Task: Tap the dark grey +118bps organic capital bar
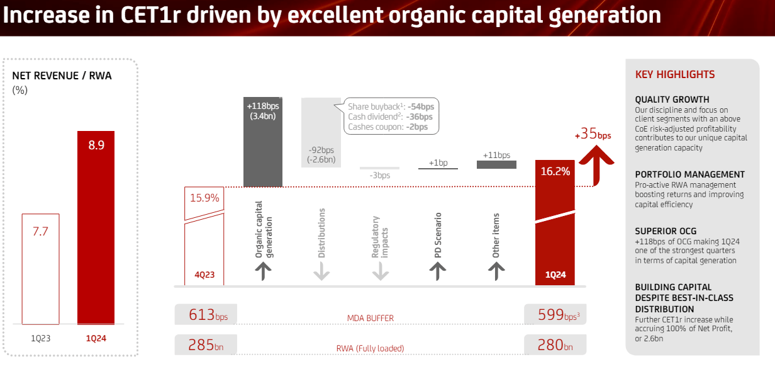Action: click(x=262, y=142)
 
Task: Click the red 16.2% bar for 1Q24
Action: click(x=554, y=224)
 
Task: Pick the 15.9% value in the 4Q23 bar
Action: click(x=204, y=198)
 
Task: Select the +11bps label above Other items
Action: click(x=496, y=155)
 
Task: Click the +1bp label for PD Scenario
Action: click(x=438, y=162)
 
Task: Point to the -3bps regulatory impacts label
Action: click(x=379, y=175)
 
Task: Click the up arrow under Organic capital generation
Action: click(x=264, y=271)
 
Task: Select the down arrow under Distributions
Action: click(x=321, y=271)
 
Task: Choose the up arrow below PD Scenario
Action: click(x=438, y=271)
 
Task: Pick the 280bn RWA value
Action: click(x=550, y=344)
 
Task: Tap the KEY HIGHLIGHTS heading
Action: click(x=675, y=74)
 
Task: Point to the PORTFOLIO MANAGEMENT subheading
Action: click(x=689, y=174)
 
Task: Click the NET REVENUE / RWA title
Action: click(x=62, y=76)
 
